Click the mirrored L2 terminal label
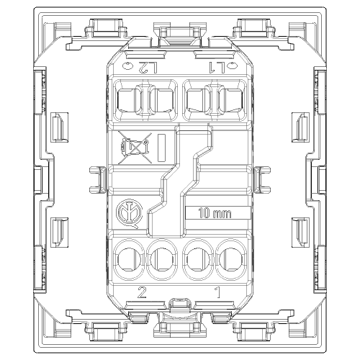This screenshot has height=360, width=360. tap(148, 68)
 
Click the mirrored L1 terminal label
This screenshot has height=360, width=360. tap(217, 68)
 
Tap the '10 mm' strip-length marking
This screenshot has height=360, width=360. tap(215, 213)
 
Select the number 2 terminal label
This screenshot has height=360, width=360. tap(142, 292)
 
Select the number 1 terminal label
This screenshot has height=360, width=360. tap(217, 292)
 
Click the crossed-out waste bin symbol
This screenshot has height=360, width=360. tap(135, 148)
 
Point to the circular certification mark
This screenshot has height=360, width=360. tap(129, 213)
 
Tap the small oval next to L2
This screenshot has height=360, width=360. tap(127, 66)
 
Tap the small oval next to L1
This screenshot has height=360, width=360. tap(232, 66)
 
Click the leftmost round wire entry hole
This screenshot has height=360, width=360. tap(130, 259)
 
